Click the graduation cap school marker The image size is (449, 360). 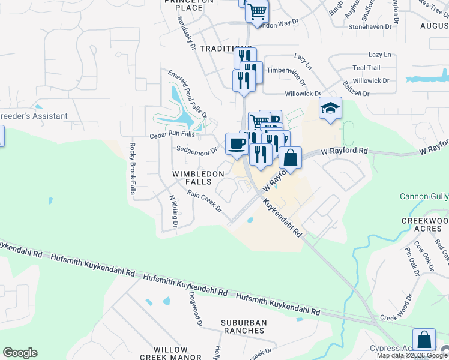point(330,108)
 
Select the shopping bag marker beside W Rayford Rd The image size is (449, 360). point(290,158)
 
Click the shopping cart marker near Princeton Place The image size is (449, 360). point(257,11)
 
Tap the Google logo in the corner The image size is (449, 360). point(20,353)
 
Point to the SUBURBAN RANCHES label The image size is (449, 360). point(243,326)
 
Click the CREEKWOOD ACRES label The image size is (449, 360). point(425,225)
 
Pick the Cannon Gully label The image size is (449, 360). point(424,197)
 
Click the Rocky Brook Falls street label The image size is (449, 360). point(133,169)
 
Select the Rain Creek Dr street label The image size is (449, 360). point(204,202)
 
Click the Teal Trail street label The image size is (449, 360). point(366,68)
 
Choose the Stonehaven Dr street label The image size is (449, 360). point(369,27)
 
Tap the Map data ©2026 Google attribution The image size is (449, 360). point(412,355)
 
